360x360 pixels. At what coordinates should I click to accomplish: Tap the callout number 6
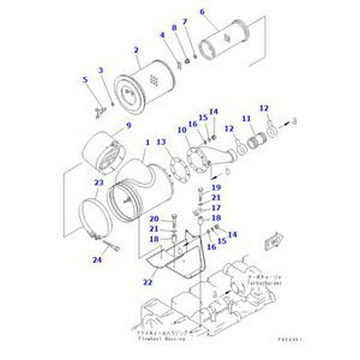coord(202,12)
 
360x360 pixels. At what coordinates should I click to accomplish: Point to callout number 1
coord(147,143)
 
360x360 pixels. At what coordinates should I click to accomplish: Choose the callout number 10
coord(181,130)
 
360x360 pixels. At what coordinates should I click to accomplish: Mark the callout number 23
coord(99,183)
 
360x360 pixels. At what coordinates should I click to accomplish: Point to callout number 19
coord(216,187)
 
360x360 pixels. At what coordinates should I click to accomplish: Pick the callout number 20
coord(154,219)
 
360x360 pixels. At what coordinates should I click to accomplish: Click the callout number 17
coord(216,208)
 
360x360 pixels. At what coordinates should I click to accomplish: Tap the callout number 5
coord(85,80)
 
